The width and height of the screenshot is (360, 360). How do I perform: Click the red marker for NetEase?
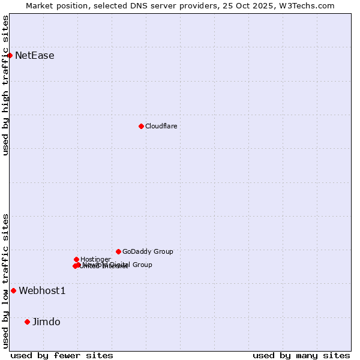pyautogui.click(x=10, y=55)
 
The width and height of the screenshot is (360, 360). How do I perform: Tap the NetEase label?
pyautogui.click(x=35, y=56)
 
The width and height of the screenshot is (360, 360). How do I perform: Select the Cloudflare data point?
pyautogui.click(x=141, y=126)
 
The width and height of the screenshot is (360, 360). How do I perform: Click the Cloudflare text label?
pyautogui.click(x=161, y=126)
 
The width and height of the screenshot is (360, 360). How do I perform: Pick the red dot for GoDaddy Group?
pyautogui.click(x=118, y=251)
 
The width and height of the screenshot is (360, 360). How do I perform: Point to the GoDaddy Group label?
pyautogui.click(x=148, y=251)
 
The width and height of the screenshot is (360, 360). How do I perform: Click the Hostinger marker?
pyautogui.click(x=76, y=259)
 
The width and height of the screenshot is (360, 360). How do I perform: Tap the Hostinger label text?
pyautogui.click(x=95, y=259)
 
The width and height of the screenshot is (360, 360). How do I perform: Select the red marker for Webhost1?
pyautogui.click(x=13, y=290)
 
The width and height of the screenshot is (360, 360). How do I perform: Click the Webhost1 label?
pyautogui.click(x=42, y=291)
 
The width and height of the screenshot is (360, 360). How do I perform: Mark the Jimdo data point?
pyautogui.click(x=27, y=322)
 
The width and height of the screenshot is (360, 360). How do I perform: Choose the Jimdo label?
pyautogui.click(x=46, y=322)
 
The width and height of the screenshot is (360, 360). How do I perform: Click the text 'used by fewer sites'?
pyautogui.click(x=62, y=355)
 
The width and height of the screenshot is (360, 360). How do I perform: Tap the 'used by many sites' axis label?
pyautogui.click(x=301, y=355)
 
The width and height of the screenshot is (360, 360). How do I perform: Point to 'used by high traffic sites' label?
pyautogui.click(x=5, y=85)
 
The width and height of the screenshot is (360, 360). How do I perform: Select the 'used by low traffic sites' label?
pyautogui.click(x=5, y=281)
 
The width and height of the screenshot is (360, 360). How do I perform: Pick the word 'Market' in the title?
pyautogui.click(x=39, y=5)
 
